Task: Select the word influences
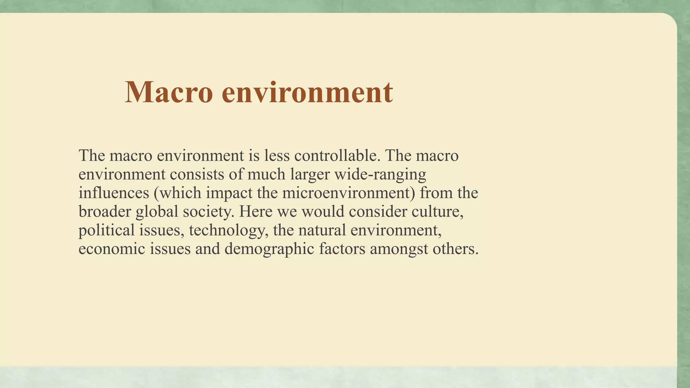tap(114, 193)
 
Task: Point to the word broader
tap(104, 212)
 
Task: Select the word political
tap(106, 230)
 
